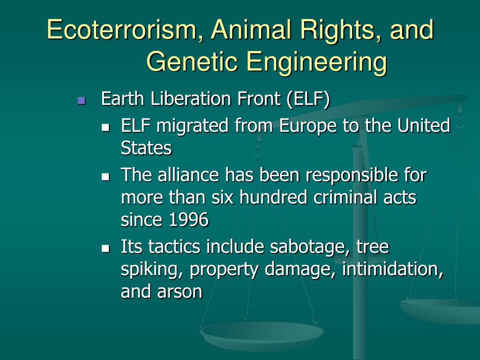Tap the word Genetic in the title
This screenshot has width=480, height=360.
click(x=192, y=62)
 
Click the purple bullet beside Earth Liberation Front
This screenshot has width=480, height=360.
click(x=82, y=100)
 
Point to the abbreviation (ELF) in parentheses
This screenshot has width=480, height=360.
click(x=308, y=99)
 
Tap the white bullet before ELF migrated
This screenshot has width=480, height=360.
click(x=105, y=127)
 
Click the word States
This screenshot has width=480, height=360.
click(x=146, y=148)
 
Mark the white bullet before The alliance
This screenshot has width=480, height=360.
click(x=105, y=176)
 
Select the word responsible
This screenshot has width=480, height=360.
click(x=351, y=175)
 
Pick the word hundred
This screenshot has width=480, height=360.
click(x=273, y=197)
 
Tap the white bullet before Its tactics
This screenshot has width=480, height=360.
click(x=105, y=248)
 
